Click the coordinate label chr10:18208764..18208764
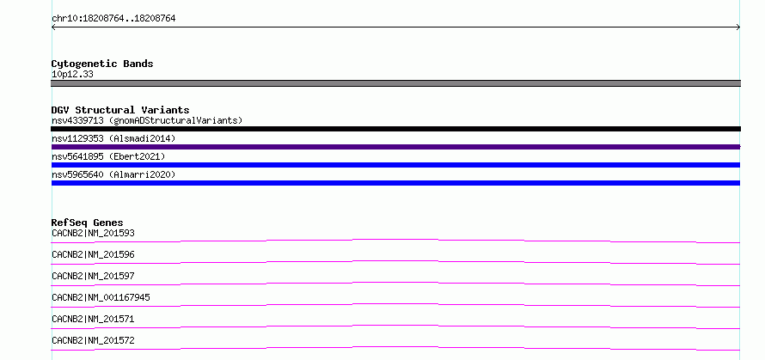click(x=113, y=19)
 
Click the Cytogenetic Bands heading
click(x=102, y=64)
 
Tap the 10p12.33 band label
click(x=72, y=75)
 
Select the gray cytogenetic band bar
click(x=395, y=83)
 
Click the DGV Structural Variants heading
click(x=120, y=110)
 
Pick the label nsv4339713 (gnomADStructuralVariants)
click(x=147, y=120)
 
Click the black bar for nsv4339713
click(x=395, y=129)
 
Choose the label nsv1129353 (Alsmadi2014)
click(x=113, y=138)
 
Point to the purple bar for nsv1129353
click(x=395, y=147)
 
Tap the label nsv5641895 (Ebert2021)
click(x=108, y=156)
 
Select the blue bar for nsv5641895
click(x=395, y=165)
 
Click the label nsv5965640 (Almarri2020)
click(x=113, y=174)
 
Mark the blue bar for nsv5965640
click(x=395, y=183)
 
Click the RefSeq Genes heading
click(x=88, y=223)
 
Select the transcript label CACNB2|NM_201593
click(x=93, y=233)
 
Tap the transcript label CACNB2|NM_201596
click(x=93, y=254)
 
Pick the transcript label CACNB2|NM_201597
click(x=93, y=276)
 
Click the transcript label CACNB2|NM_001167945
click(x=101, y=297)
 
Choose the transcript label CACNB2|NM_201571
click(x=93, y=319)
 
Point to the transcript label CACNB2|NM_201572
click(x=93, y=340)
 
